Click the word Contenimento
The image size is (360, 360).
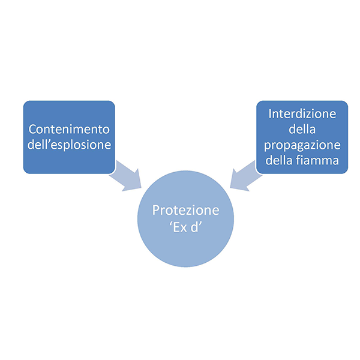coord(69,129)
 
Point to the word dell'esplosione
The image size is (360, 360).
coord(69,145)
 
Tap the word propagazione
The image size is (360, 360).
coord(302,145)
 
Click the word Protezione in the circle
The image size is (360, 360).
coord(185,211)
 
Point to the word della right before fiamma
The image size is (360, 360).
coord(281,161)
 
